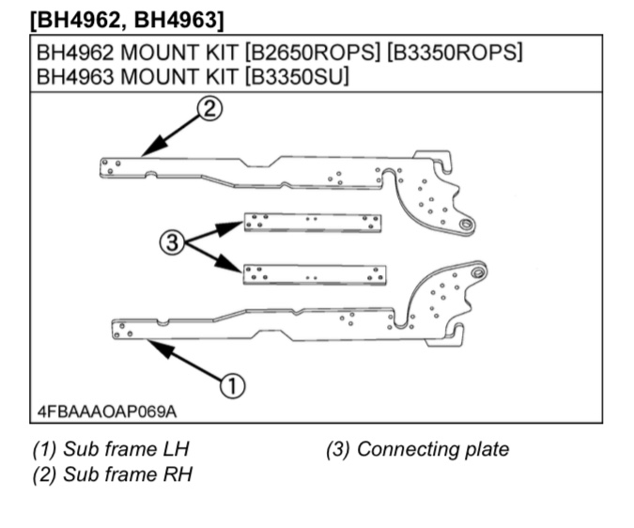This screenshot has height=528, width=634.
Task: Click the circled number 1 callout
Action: pyautogui.click(x=232, y=384)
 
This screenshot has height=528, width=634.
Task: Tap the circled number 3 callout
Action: pyautogui.click(x=171, y=243)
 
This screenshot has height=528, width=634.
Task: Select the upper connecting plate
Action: pyautogui.click(x=313, y=222)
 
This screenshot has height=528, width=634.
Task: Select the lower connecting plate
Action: pyautogui.click(x=314, y=274)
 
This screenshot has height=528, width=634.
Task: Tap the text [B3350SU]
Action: pyautogui.click(x=297, y=76)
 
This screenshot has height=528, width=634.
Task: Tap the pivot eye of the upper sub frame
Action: pyautogui.click(x=465, y=225)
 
